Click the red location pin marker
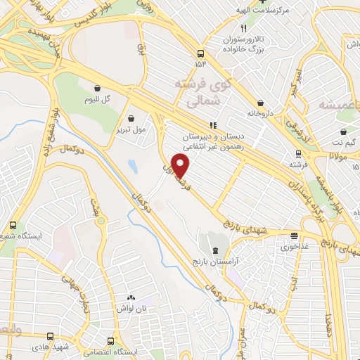pos(181,167)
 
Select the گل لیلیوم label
pos(98,98)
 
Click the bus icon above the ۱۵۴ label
pos(202,53)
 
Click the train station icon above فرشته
pos(298,153)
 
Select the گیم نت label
pos(343,142)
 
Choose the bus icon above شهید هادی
pos(49,337)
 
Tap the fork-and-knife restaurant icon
pos(243,29)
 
